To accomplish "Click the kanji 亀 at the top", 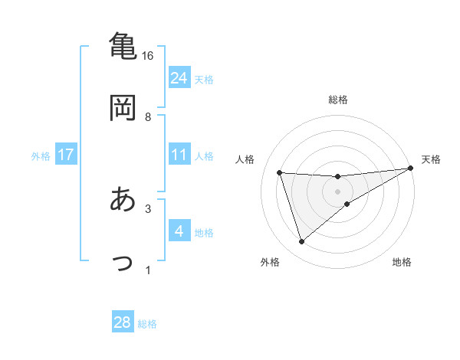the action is coord(123,46).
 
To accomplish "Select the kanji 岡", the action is coord(123,107).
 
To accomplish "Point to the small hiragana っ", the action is coord(123,263).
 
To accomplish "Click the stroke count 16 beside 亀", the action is coord(148,56).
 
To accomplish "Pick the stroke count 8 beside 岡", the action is coord(148,117).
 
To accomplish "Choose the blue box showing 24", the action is coord(179,77).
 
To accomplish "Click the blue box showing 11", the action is coord(179,154).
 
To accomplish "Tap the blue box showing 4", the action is coord(179,231).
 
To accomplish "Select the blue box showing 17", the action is coord(66,154).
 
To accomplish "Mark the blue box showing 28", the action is coord(123,322).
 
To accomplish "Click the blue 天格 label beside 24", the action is coord(204,79).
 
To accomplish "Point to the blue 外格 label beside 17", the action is coord(41,155).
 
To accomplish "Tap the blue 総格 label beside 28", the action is coord(147,324).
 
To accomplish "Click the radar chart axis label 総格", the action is coord(338,100).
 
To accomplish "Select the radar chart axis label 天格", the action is coord(431,159).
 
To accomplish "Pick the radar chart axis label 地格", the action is coord(402,263).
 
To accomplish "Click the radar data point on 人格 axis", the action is coord(280,172).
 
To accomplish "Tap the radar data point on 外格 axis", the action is coord(301,242).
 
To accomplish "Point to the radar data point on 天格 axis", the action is coord(411,169).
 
